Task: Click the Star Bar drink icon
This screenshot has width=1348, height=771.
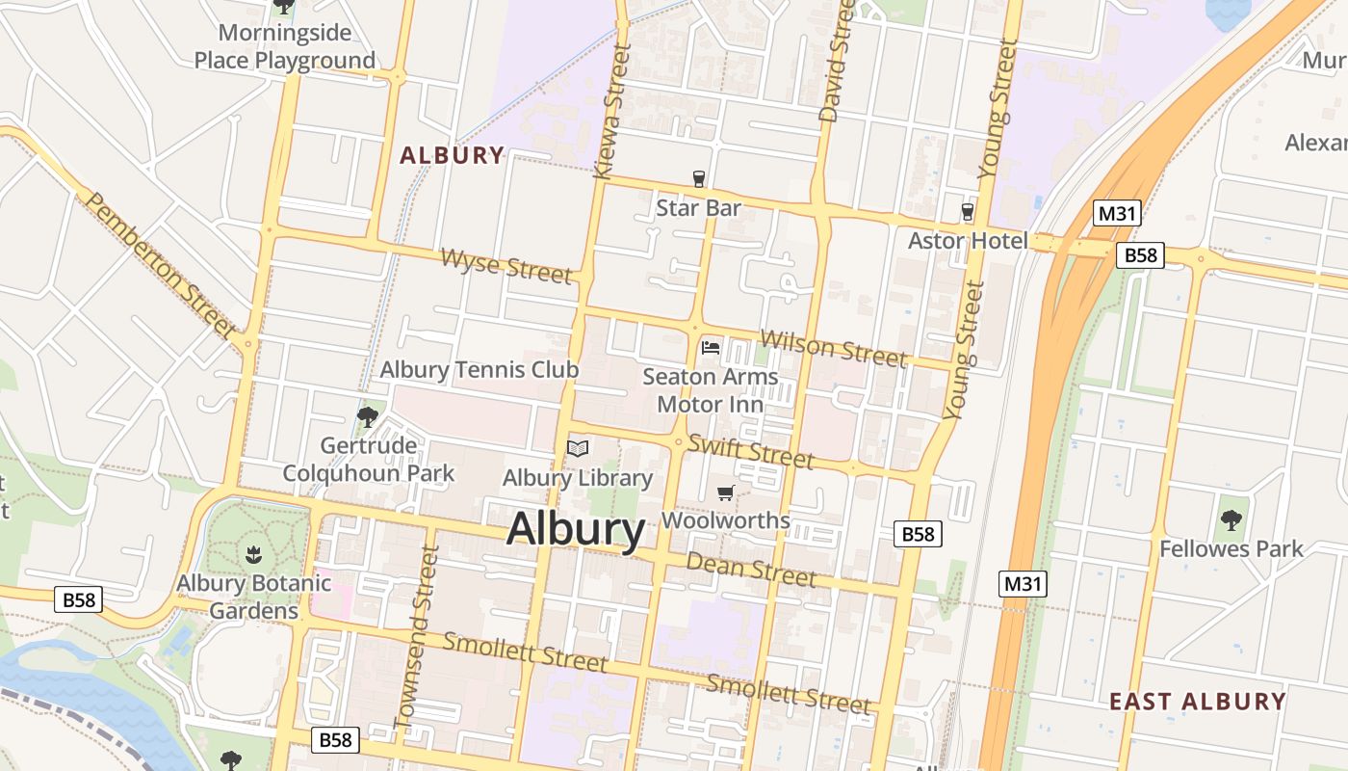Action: pos(699,179)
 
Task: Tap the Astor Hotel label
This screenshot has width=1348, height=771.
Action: pos(968,240)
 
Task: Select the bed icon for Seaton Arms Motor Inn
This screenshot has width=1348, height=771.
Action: pos(711,347)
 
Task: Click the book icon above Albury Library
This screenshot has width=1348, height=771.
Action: pos(578,448)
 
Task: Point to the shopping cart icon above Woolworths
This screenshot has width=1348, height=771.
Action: pos(725,493)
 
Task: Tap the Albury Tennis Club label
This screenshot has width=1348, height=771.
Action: pos(479,369)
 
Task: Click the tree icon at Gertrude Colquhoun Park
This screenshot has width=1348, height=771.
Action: pos(367,416)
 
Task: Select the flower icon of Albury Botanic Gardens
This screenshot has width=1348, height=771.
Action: pos(253,554)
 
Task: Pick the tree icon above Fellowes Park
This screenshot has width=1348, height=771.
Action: pos(1231,520)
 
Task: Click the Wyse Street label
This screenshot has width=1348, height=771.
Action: pos(506,265)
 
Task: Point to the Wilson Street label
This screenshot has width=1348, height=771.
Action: pos(833,349)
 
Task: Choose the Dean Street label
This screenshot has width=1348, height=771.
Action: pos(751,569)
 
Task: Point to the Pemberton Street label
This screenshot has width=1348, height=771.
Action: pos(161,265)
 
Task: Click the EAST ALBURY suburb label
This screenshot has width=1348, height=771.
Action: pos(1197,701)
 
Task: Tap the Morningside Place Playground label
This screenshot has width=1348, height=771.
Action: pos(285,46)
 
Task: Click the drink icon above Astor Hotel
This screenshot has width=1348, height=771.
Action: pos(968,211)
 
